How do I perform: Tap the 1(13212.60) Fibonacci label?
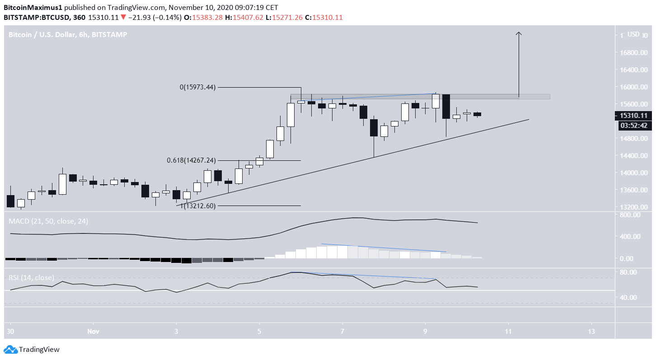(198, 206)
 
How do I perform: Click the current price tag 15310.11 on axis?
(634, 116)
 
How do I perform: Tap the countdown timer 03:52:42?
(634, 125)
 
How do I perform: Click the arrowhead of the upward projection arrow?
(519, 33)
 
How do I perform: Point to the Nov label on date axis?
(93, 331)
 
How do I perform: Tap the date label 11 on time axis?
(509, 331)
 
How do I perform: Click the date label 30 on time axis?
(10, 331)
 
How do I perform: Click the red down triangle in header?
(123, 17)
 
